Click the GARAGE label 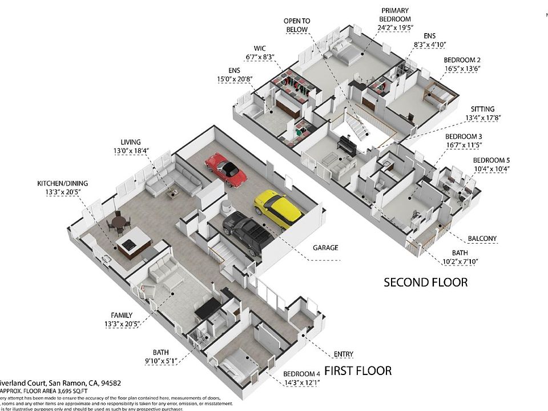click(x=325, y=248)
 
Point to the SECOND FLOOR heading click(x=425, y=282)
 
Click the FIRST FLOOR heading click(x=358, y=370)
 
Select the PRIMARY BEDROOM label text click(x=394, y=15)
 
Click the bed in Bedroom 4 click(x=235, y=363)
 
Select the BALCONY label click(x=482, y=239)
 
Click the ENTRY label click(x=343, y=354)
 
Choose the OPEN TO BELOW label click(x=296, y=25)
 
